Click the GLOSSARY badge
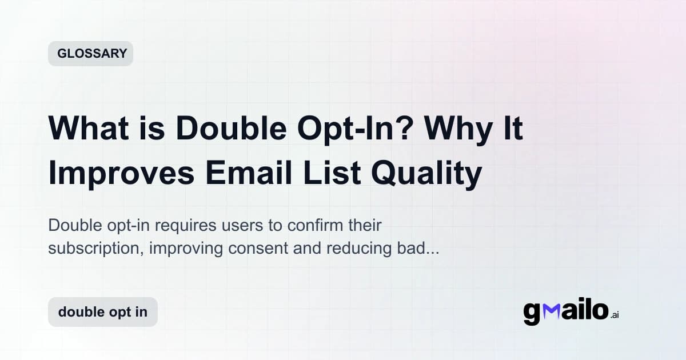pos(91,54)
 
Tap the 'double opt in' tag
pos(103,312)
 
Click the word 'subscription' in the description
pos(86,249)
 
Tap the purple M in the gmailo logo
pos(551,312)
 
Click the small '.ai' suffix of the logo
pos(615,315)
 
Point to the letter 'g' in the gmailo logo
pos(532,314)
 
